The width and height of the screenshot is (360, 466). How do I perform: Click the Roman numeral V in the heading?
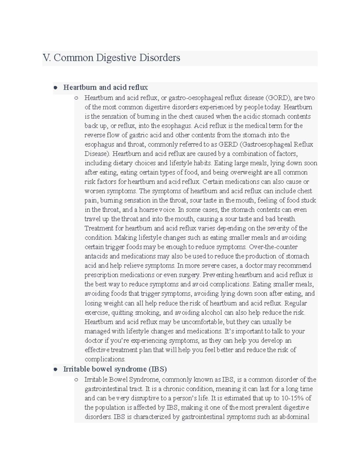(46, 58)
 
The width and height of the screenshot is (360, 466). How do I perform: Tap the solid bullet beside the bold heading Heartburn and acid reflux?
(55, 88)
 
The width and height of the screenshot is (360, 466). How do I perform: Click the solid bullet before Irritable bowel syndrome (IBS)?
(55, 369)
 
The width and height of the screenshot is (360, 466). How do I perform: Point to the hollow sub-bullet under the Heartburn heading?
(76, 98)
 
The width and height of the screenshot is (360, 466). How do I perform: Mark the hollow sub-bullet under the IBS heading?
(76, 380)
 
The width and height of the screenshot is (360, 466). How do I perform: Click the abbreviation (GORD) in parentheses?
(279, 98)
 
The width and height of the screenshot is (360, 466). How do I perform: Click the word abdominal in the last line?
(294, 417)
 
